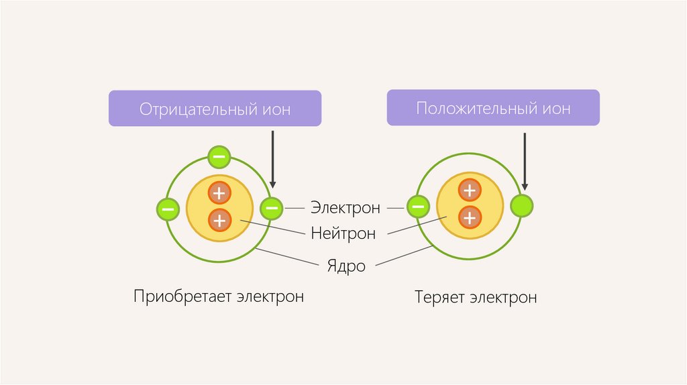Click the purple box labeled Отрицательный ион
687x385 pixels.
pos(215,109)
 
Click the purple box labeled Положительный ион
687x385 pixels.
pos(493,108)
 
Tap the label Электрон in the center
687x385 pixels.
pos(345,208)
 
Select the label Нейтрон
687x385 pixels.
pos(343,233)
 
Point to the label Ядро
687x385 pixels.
pos(347,266)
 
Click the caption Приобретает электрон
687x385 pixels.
pos(219,296)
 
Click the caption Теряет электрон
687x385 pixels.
pos(476,297)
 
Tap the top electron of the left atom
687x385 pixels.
pos(219,157)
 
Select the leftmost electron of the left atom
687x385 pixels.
pos(167,209)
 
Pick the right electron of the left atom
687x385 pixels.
pos(271,208)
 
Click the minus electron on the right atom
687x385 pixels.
pos(417,207)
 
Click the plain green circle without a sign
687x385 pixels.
pos(521,206)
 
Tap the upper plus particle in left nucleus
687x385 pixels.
pos(219,193)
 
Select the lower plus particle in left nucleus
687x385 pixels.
pos(219,219)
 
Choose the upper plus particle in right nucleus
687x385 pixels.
pos(470,190)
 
